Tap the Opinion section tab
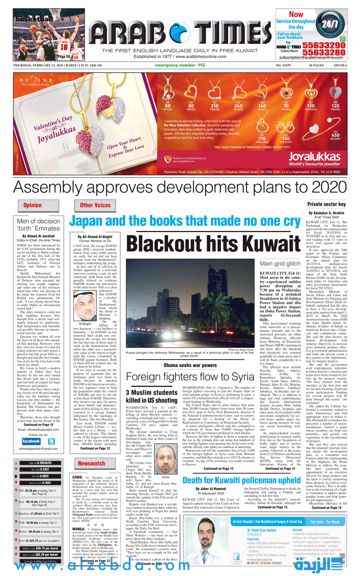click(32, 205)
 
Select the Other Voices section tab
click(95, 205)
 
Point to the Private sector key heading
click(326, 204)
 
